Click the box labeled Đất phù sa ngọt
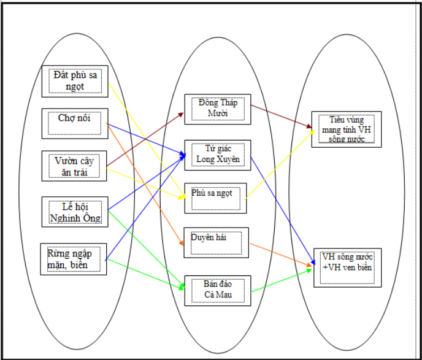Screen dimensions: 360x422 pyautogui.click(x=76, y=80)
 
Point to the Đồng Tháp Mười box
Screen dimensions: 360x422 pyautogui.click(x=218, y=109)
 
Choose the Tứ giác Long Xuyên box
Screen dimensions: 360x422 pyautogui.click(x=218, y=155)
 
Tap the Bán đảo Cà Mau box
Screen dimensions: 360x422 pyautogui.click(x=218, y=289)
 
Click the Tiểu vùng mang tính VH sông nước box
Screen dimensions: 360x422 pyautogui.click(x=346, y=129)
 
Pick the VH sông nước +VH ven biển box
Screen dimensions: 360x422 pyautogui.click(x=347, y=266)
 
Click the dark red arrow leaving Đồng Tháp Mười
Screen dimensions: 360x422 pyautogui.click(x=282, y=117)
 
